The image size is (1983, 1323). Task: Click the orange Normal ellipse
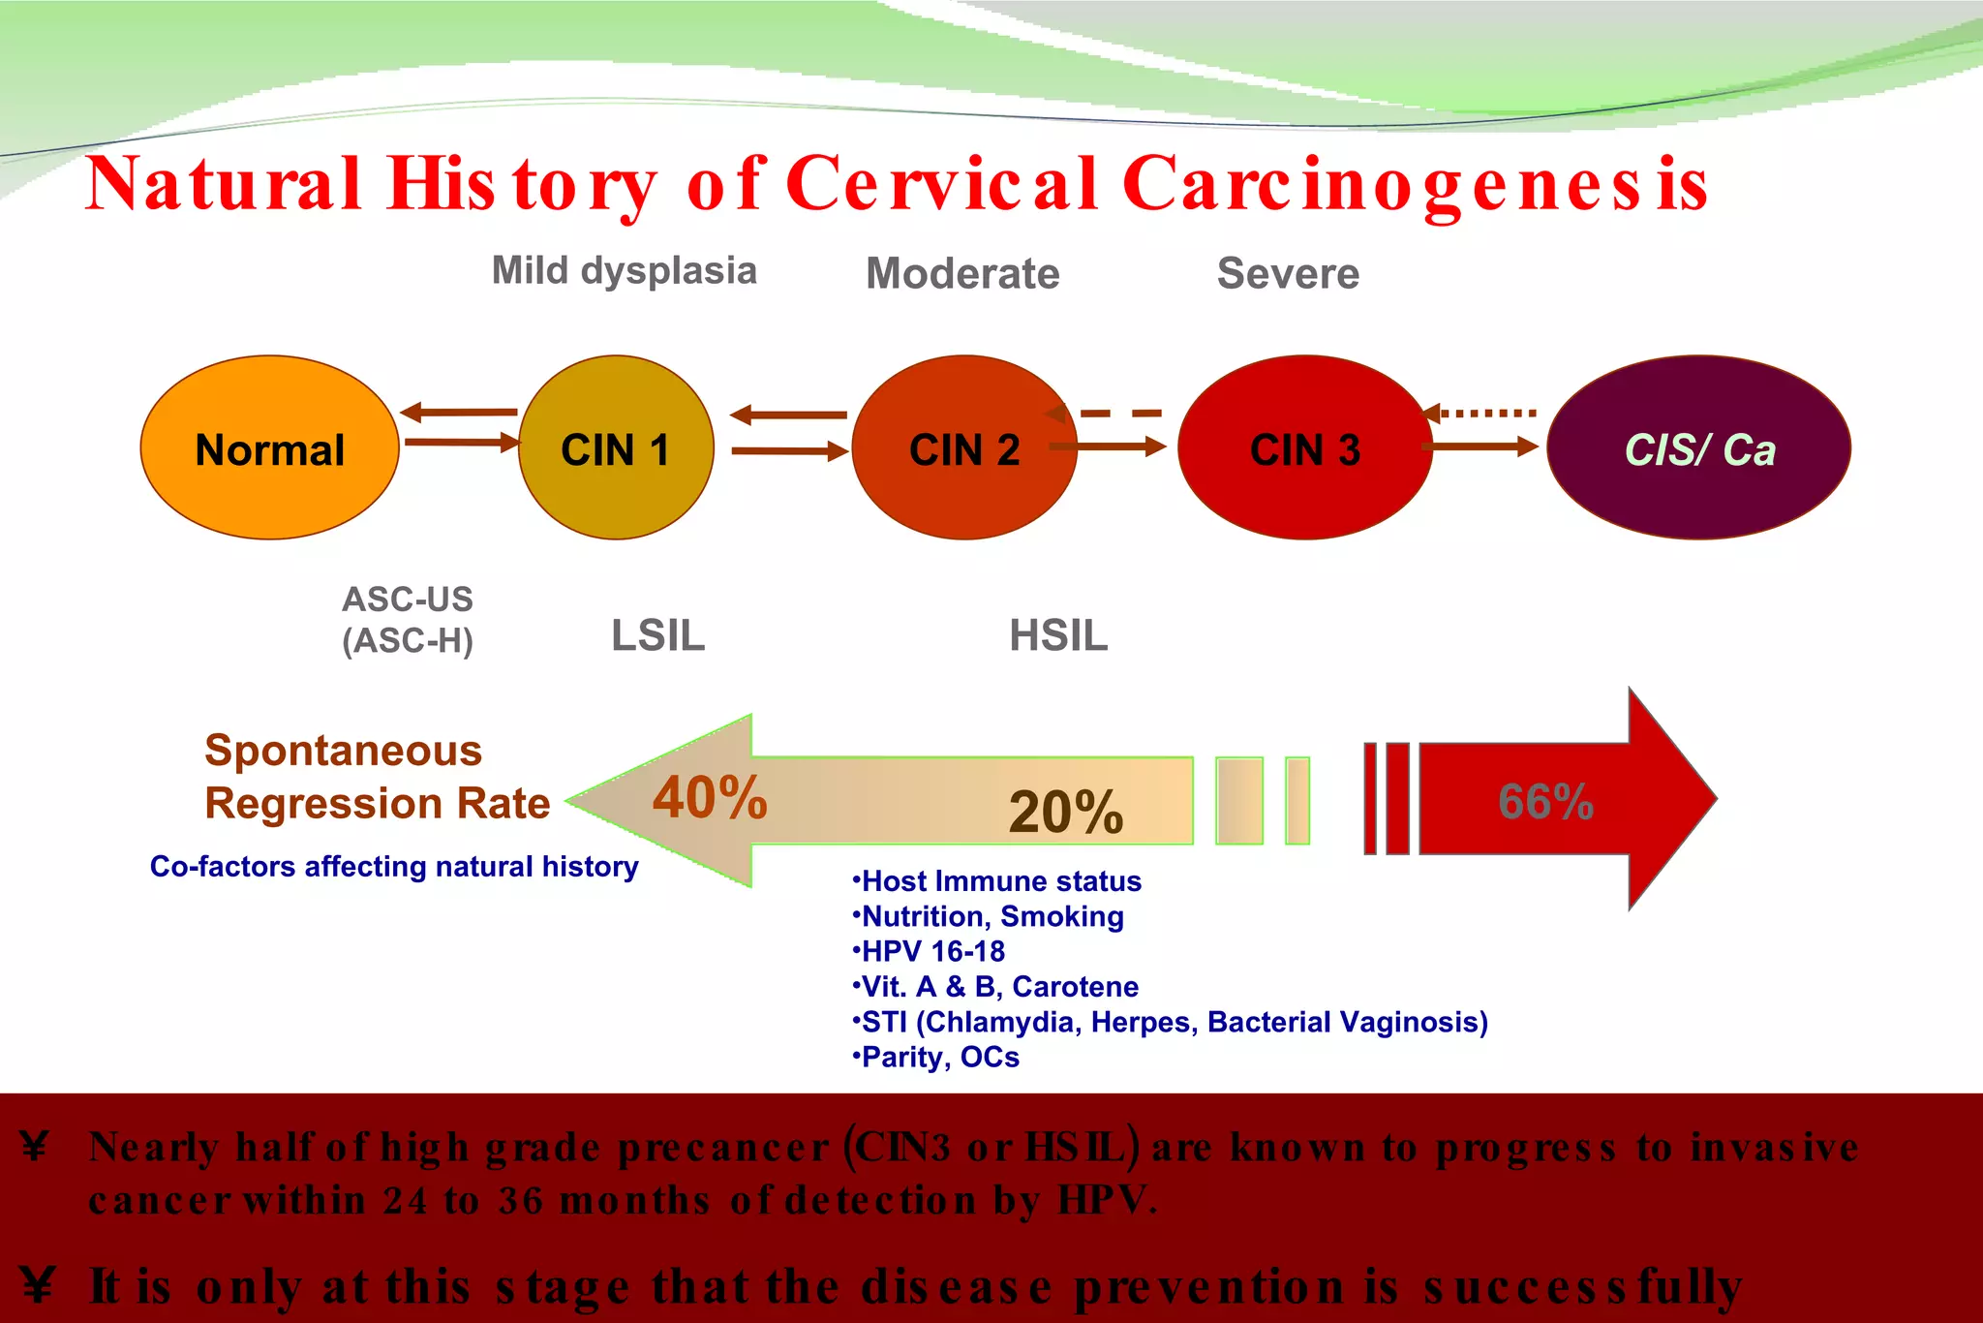(x=269, y=448)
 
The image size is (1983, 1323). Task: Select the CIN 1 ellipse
(x=616, y=448)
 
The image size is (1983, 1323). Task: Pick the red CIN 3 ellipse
(x=1304, y=448)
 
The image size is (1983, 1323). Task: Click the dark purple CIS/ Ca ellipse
(x=1698, y=448)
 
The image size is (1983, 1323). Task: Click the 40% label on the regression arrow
(x=710, y=798)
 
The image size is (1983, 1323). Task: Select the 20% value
(x=1065, y=812)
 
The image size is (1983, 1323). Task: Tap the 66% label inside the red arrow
(x=1545, y=802)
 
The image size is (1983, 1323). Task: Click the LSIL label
(x=658, y=636)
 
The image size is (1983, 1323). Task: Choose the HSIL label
(x=1058, y=636)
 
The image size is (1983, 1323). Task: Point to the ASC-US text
(x=408, y=600)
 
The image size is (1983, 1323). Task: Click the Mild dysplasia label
(x=625, y=271)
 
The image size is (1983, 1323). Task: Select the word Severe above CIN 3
(x=1288, y=273)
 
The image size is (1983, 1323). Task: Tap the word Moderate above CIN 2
(x=962, y=273)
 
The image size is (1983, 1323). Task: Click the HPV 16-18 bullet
(x=930, y=951)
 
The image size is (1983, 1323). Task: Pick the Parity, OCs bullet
(x=936, y=1057)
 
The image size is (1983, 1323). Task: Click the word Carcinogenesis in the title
(x=1416, y=184)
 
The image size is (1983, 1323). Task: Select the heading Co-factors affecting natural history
(x=394, y=866)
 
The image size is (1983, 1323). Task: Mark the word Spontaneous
(x=344, y=751)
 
